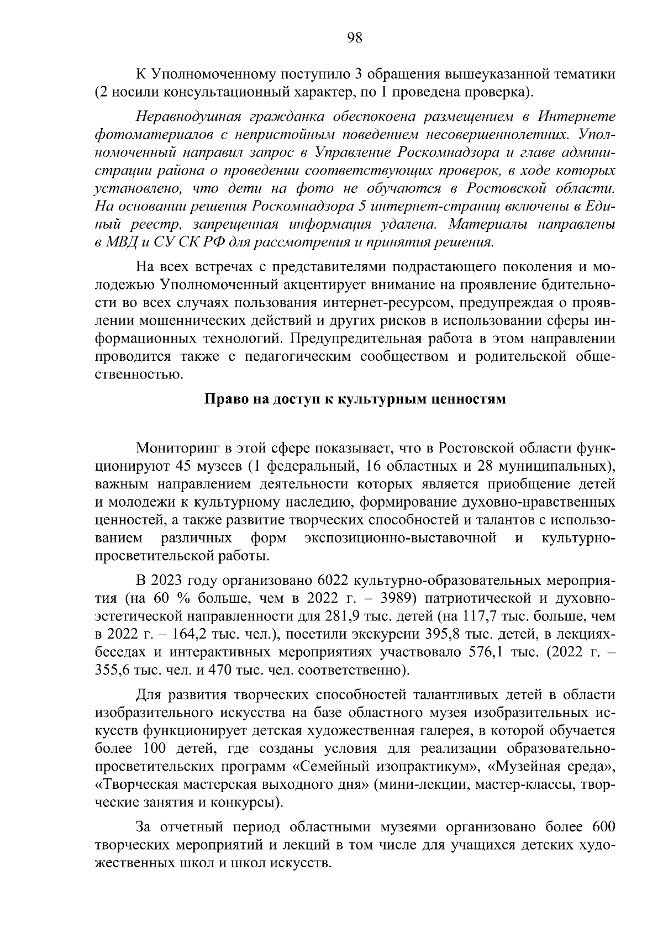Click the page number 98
[x=354, y=38]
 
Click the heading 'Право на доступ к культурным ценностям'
[x=355, y=399]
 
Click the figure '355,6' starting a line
[x=112, y=670]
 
